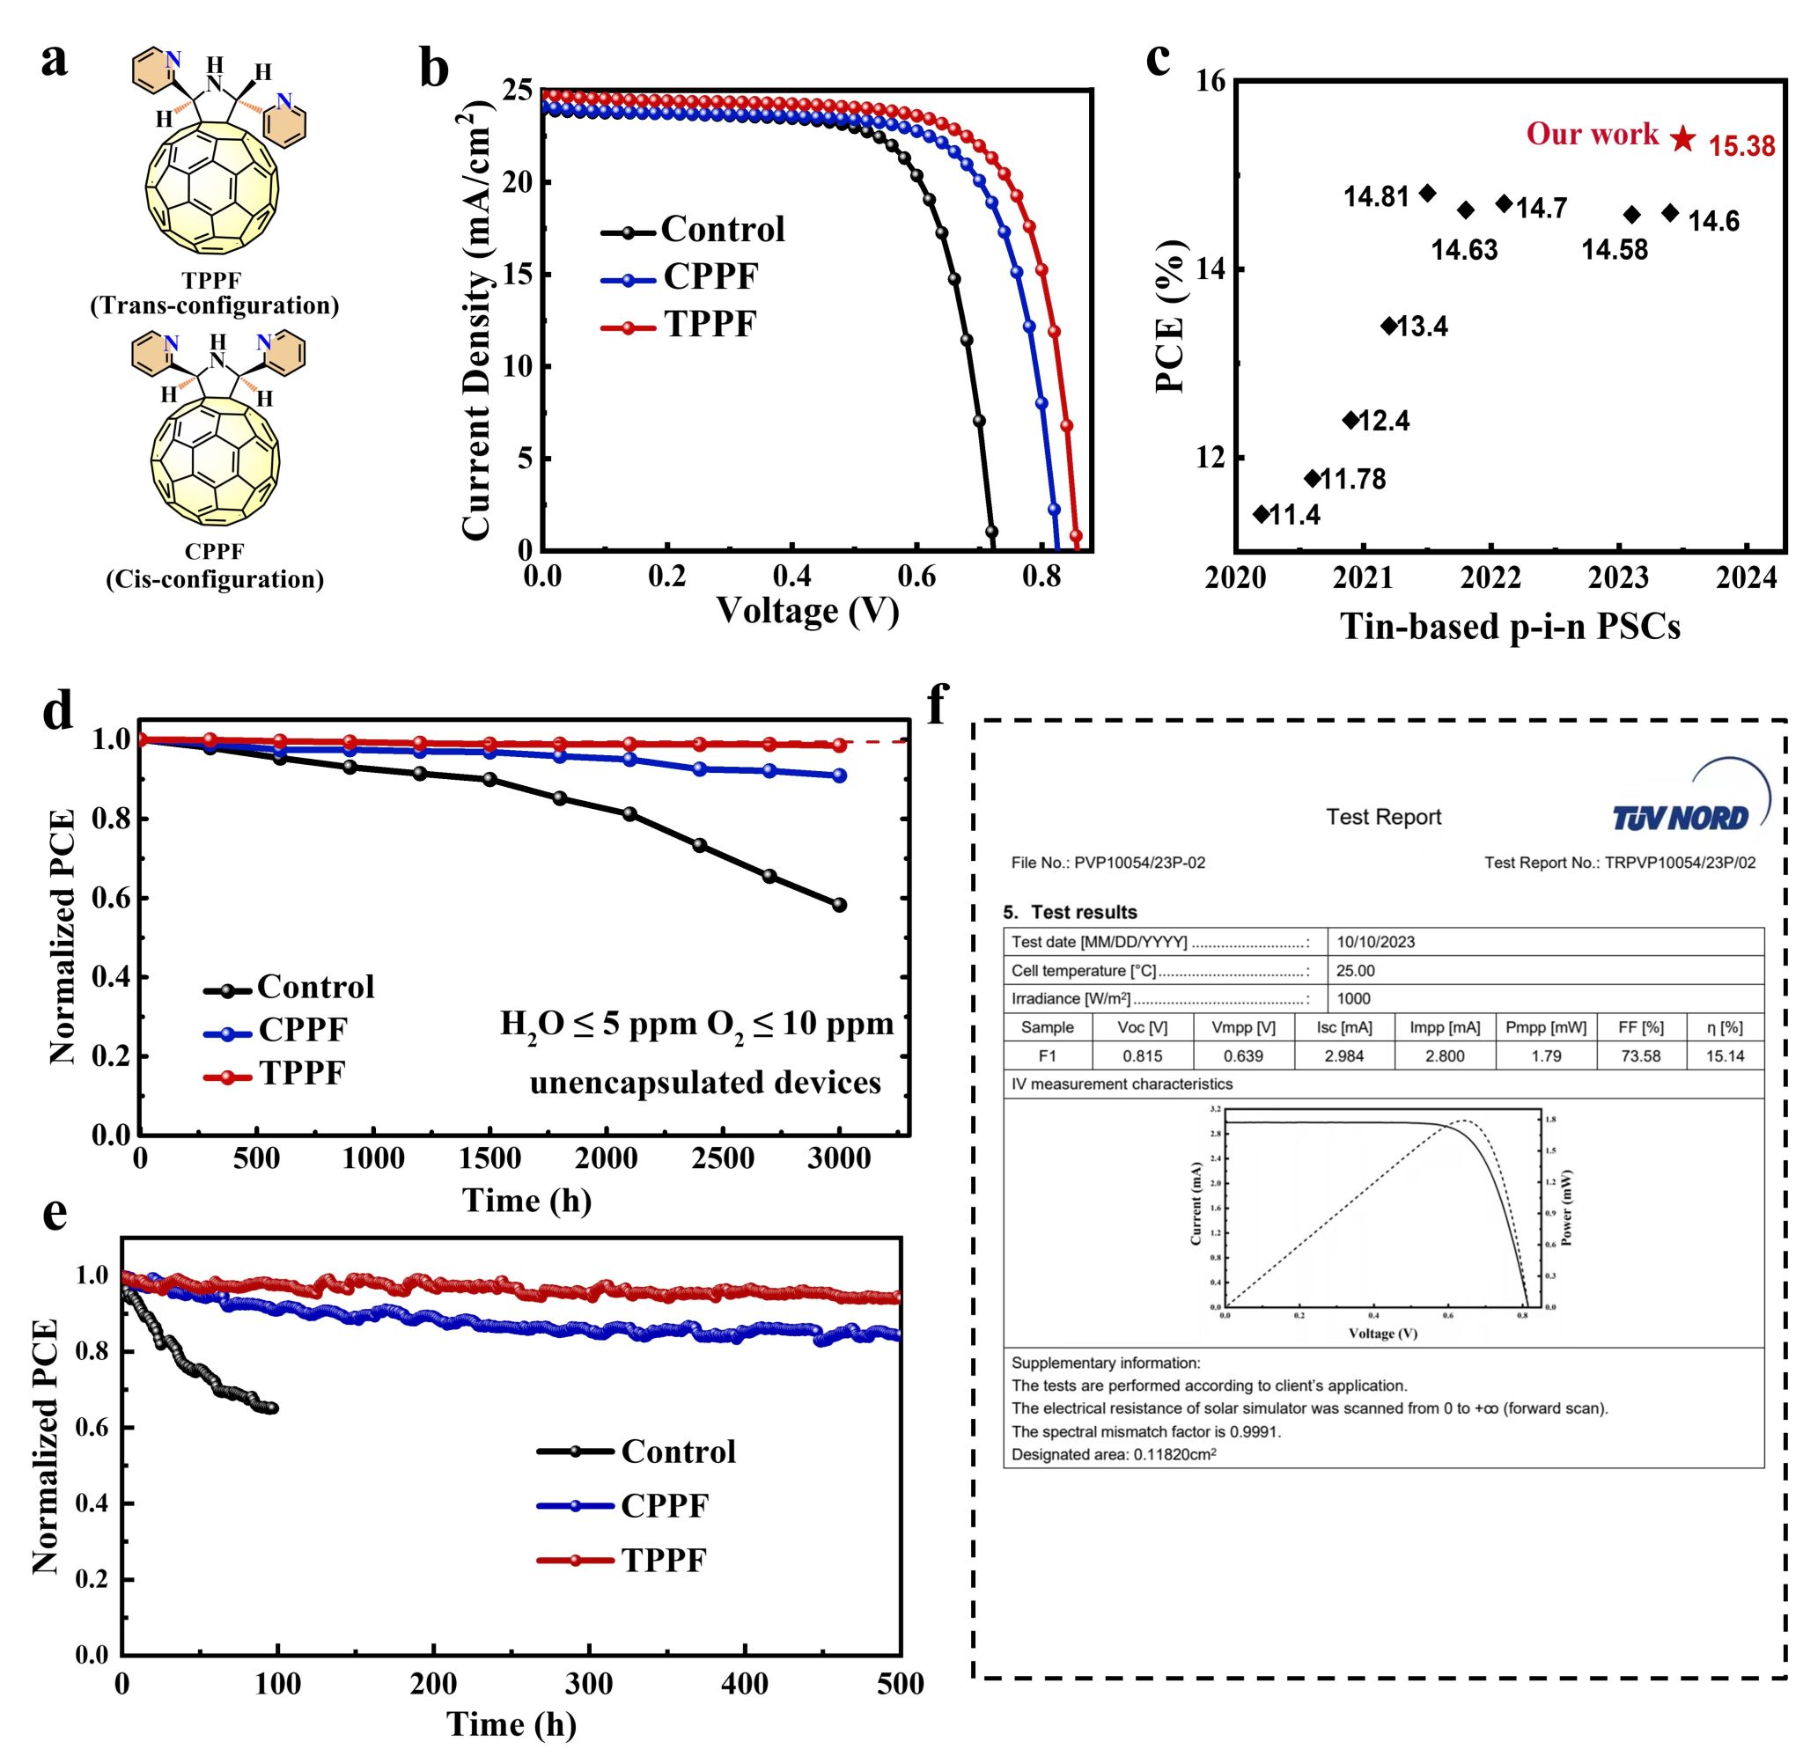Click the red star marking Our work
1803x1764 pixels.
click(x=1683, y=139)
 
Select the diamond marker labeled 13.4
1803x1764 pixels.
click(x=1389, y=325)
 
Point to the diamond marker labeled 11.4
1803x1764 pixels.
click(x=1261, y=513)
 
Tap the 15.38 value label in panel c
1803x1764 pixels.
click(x=1742, y=146)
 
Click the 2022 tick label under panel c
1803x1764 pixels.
click(x=1491, y=577)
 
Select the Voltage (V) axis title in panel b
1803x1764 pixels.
click(x=807, y=611)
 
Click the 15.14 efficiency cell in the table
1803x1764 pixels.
click(x=1725, y=1055)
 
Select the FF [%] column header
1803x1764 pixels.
click(x=1640, y=1027)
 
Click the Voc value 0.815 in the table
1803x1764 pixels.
click(x=1143, y=1055)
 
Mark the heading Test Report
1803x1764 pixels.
click(x=1383, y=817)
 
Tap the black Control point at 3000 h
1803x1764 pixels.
click(x=839, y=905)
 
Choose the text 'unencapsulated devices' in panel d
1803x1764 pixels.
click(x=705, y=1082)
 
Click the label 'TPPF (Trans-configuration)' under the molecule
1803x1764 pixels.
click(x=214, y=293)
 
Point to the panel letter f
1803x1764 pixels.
click(x=939, y=706)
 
